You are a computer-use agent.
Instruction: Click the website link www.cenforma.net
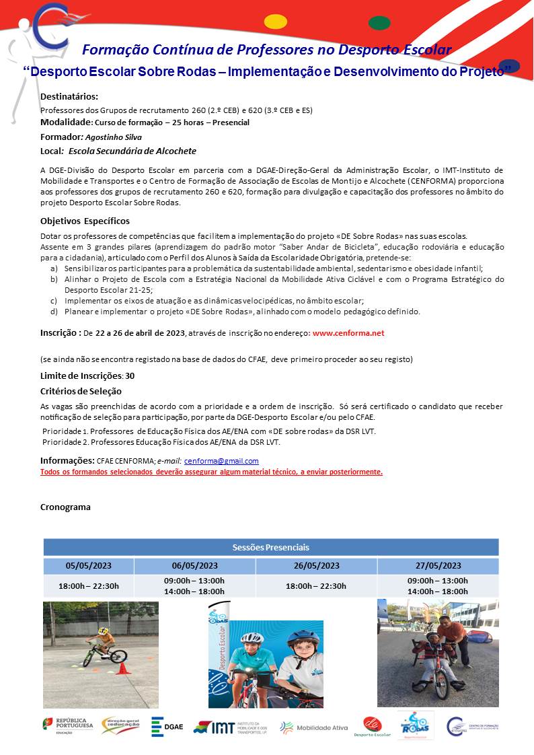(348, 332)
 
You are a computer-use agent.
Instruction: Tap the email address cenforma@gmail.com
(221, 461)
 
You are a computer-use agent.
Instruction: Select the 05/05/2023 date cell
(89, 565)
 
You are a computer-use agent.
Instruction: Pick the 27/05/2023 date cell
(438, 565)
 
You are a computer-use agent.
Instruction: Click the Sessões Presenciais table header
(271, 547)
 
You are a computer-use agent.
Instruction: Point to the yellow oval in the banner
(276, 22)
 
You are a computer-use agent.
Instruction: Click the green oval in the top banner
(379, 23)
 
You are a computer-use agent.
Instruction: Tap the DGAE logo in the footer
(167, 727)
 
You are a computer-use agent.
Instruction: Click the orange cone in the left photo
(122, 668)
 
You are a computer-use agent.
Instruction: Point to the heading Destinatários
(69, 97)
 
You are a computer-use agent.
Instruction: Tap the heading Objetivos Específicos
(85, 221)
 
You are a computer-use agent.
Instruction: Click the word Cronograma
(65, 507)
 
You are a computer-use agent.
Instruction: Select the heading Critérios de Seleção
(81, 391)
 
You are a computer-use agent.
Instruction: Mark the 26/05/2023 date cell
(316, 565)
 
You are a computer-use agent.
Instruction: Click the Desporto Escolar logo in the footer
(373, 727)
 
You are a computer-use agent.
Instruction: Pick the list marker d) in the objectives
(54, 312)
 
